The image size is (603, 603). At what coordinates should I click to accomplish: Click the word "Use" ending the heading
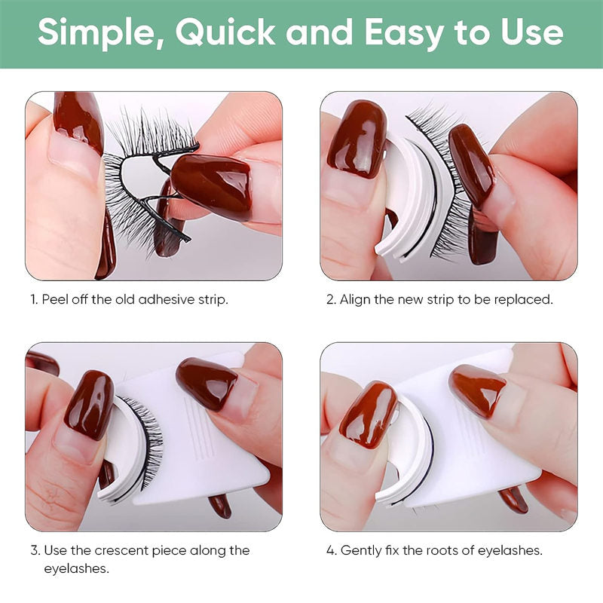[x=531, y=33]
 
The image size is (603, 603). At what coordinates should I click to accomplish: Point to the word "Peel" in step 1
[x=55, y=299]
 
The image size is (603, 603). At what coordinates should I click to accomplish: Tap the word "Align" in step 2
[x=355, y=299]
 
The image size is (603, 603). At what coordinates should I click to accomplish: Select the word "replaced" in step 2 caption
[x=523, y=299]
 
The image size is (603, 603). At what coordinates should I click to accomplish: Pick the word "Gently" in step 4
[x=360, y=550]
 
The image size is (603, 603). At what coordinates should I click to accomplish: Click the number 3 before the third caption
[x=34, y=550]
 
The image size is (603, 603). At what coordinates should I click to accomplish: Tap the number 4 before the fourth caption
[x=329, y=550]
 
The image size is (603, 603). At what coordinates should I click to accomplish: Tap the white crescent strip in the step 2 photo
[x=402, y=204]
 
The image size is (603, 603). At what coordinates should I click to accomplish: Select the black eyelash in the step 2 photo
[x=446, y=188]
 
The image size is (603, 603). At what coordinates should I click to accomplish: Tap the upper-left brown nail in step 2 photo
[x=357, y=139]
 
